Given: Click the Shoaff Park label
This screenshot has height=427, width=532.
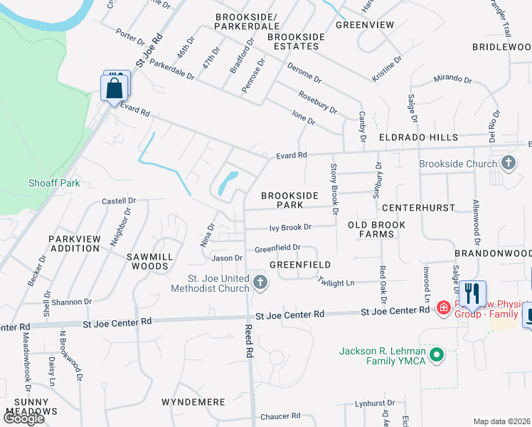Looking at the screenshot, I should (54, 183).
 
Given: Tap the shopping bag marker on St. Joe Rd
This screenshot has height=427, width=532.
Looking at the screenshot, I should (114, 89).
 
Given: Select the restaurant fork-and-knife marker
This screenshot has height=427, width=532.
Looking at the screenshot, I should (472, 293).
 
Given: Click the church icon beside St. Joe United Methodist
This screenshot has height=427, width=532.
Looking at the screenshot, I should (260, 283).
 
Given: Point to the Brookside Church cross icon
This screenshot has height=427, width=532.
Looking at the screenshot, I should (508, 164).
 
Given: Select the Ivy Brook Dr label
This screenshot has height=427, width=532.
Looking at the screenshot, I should (290, 228).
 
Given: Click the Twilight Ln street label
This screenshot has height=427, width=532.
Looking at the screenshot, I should (336, 283).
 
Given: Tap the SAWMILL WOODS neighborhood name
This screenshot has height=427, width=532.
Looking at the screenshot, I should (147, 261).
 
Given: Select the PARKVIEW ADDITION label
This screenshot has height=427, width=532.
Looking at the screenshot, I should (74, 243).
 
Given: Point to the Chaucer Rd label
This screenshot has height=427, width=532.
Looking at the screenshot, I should (280, 416).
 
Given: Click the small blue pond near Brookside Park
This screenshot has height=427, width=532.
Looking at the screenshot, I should (228, 183).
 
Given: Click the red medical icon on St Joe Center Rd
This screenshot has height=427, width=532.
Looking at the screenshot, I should (443, 307).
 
